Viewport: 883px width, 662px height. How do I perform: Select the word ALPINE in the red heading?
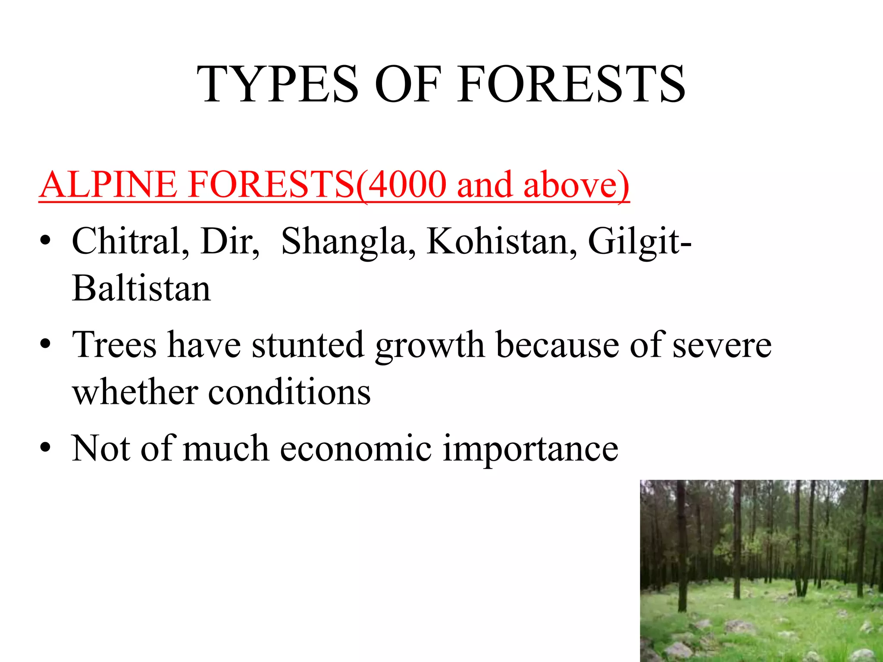(x=108, y=184)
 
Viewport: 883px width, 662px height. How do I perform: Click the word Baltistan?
(x=141, y=288)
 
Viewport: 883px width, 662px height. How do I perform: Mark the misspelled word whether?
(x=135, y=392)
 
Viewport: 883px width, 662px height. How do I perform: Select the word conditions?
(x=289, y=392)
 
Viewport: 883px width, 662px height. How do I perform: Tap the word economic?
(x=356, y=449)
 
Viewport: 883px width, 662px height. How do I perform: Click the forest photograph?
(x=761, y=571)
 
